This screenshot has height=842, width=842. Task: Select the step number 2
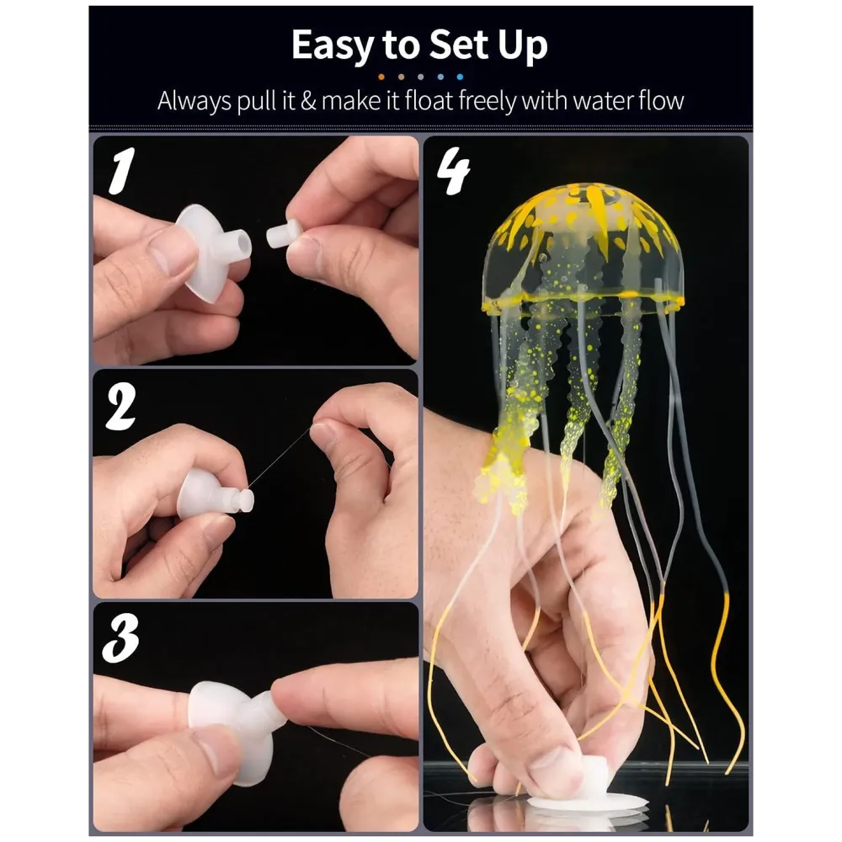point(121,408)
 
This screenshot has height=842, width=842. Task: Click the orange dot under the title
point(381,76)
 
